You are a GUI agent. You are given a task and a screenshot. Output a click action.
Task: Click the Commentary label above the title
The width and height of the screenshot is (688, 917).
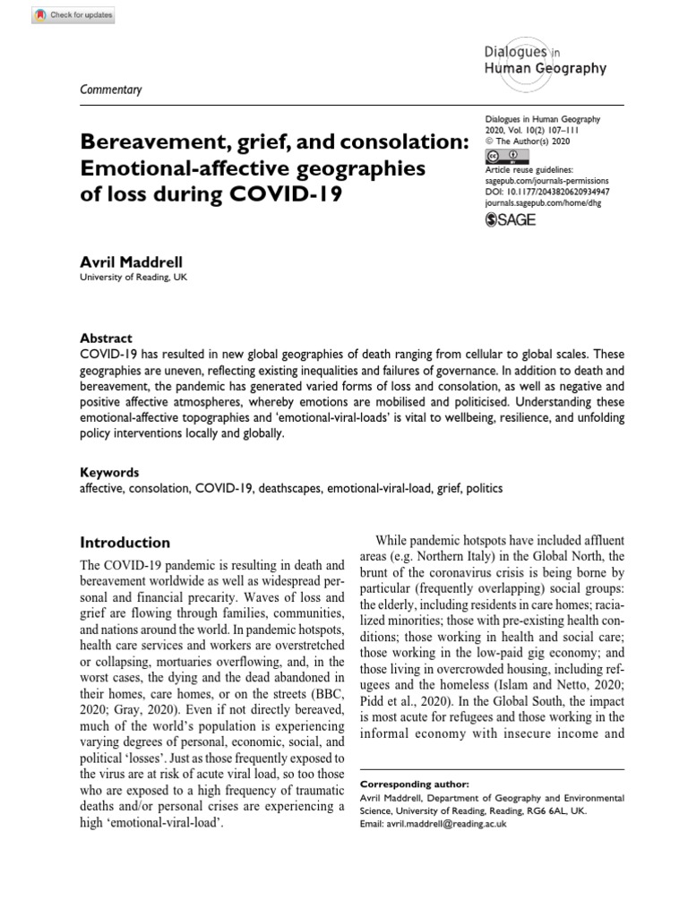[x=111, y=89]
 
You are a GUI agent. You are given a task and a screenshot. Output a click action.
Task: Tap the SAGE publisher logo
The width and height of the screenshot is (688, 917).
[x=510, y=219]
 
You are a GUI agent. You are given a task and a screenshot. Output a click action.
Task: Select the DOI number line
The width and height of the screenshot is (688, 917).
[x=547, y=191]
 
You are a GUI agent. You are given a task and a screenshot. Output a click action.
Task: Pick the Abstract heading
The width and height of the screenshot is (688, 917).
[x=107, y=339]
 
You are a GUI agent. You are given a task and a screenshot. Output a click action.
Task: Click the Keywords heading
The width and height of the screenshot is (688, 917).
[x=110, y=472]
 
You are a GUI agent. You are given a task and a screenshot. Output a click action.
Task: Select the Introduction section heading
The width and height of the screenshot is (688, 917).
[x=125, y=542]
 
